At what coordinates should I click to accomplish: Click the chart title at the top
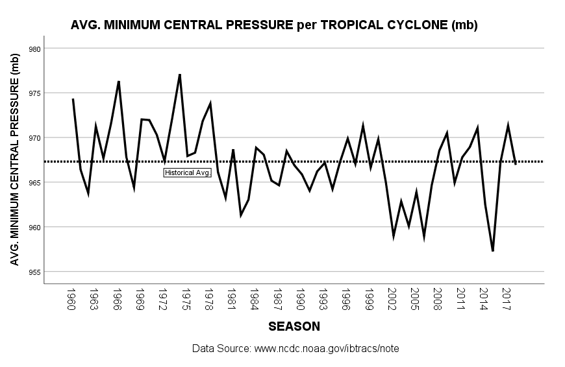pos(274,26)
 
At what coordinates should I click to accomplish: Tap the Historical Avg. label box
pos(188,172)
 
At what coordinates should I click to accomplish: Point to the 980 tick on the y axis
pos(35,49)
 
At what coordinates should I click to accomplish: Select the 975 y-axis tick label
pos(35,93)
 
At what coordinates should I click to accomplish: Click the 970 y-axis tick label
pos(35,138)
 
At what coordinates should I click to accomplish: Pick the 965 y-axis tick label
pos(35,183)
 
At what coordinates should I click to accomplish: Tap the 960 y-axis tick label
pos(35,228)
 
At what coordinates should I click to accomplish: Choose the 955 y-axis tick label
pos(35,272)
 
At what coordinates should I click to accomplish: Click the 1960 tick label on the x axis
pos(72,299)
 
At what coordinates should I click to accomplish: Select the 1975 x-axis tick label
pos(186,299)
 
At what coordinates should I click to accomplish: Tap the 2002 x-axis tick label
pos(392,299)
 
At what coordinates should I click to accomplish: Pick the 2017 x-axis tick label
pos(507,299)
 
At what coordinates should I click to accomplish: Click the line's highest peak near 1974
pos(179,75)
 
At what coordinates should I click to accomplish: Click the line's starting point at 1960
pos(73,99)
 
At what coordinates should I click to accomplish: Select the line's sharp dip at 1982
pos(240,215)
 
